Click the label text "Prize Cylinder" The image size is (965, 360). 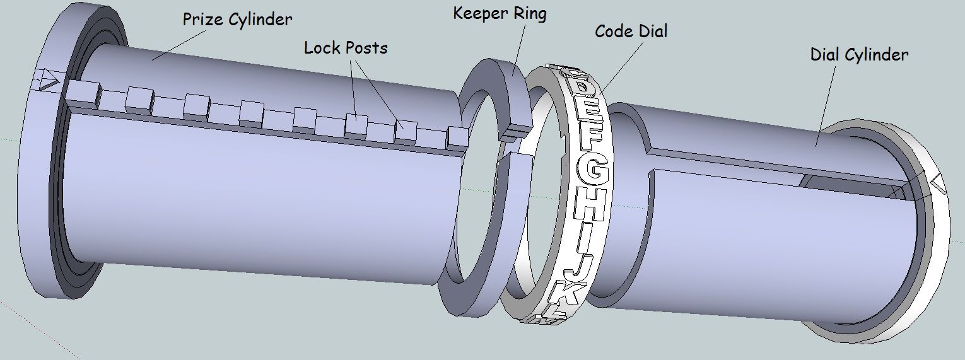(x=237, y=20)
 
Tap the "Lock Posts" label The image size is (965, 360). (x=346, y=48)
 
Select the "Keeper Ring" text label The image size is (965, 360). (x=500, y=14)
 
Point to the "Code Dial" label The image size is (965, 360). (x=631, y=32)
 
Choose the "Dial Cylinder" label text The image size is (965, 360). (x=859, y=55)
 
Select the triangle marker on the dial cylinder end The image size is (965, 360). (x=938, y=183)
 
